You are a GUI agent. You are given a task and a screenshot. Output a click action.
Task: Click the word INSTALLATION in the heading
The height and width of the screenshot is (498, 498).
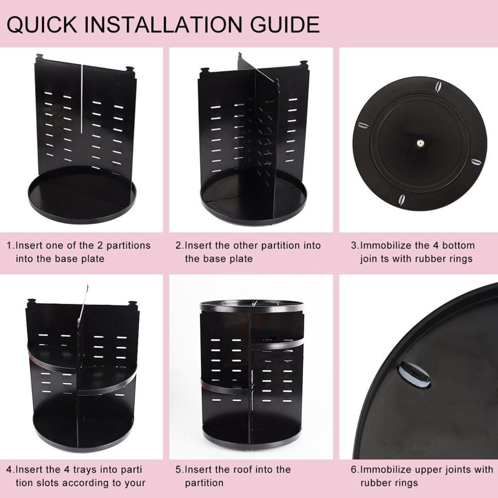coord(169,24)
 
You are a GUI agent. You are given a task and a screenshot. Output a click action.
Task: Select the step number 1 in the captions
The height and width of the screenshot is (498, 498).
coord(9,246)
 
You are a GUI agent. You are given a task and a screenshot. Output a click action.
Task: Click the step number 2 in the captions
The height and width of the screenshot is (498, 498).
coord(179,246)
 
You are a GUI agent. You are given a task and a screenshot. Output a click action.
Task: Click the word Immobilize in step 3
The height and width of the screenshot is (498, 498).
coord(383,246)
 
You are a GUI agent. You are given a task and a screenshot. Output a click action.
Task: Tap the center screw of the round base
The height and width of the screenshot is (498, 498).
coord(419,143)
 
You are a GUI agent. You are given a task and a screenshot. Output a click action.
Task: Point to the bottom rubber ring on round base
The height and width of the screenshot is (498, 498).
coord(401,200)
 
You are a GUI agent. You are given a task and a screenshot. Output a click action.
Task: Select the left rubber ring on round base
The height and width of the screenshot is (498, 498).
coord(364,125)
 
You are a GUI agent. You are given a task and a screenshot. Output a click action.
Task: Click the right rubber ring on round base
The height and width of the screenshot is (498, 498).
coord(476,162)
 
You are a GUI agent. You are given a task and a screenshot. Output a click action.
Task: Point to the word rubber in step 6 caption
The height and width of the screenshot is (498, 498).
coord(374,483)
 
